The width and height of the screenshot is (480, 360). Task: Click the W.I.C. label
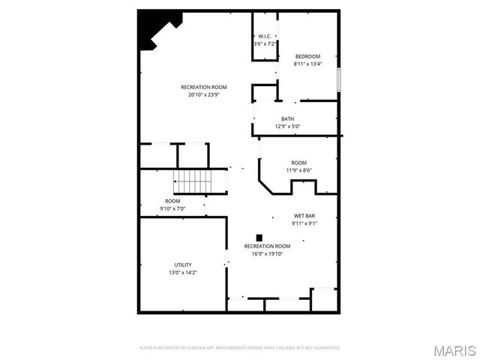265,36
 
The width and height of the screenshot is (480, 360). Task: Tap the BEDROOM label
307,56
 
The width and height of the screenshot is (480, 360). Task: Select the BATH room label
288,118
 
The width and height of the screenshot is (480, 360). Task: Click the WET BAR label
304,215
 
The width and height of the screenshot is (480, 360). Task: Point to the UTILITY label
183,265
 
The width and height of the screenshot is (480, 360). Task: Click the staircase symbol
195,181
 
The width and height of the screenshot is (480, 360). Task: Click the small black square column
259,237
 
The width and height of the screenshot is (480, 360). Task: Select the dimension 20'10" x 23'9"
204,94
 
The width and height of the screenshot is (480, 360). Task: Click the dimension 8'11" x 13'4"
307,64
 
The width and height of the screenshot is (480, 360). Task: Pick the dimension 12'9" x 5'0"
288,126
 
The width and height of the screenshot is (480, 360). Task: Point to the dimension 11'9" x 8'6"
299,170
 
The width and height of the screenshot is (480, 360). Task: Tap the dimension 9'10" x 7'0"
172,208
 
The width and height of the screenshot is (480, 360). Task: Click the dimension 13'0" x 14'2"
183,272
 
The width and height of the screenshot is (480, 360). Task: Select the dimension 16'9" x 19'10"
267,253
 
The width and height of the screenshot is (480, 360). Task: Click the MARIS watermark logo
454,350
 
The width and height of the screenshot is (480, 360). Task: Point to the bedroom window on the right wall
339,79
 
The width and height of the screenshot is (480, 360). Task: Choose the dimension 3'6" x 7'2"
265,43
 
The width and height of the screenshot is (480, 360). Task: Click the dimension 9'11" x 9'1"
304,223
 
